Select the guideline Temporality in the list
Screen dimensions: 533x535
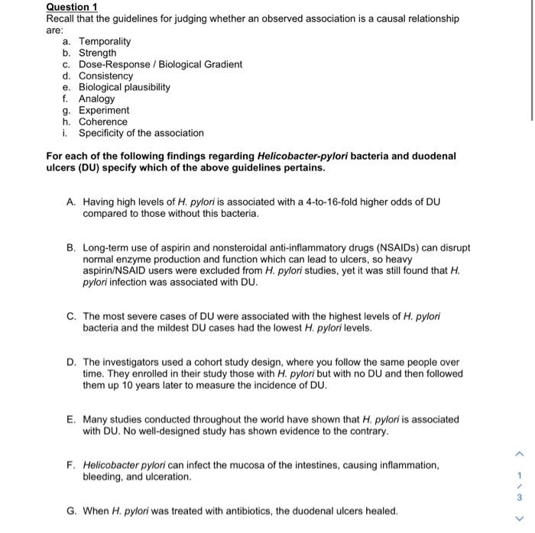[x=105, y=41]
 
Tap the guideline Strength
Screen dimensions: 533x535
[x=98, y=53]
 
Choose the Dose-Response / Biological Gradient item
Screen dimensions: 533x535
[x=160, y=64]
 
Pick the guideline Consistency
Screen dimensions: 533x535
[x=105, y=76]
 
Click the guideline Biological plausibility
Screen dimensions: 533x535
[x=125, y=87]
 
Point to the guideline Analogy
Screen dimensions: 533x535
[x=96, y=99]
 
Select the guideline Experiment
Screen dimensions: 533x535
[x=104, y=110]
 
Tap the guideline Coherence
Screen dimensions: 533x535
[x=103, y=121]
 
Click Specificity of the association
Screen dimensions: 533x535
[x=141, y=133]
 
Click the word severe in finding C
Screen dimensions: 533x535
[x=140, y=316]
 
